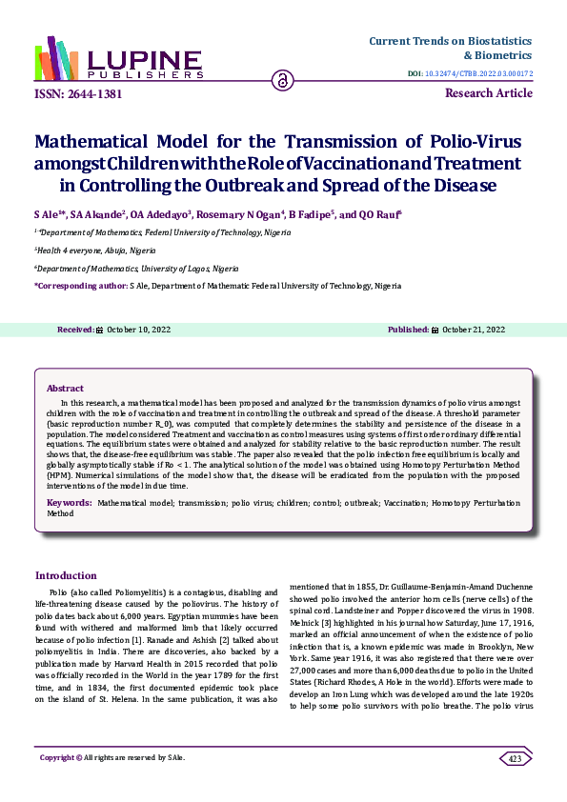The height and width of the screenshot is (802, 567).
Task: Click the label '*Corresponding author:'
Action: coord(80,286)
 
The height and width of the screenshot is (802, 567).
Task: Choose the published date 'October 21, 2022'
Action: coord(474,330)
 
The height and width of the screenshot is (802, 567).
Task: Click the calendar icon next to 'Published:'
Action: coord(435,330)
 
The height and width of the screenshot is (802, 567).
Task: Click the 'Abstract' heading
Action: coord(65,389)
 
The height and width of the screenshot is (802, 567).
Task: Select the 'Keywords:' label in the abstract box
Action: coord(70,501)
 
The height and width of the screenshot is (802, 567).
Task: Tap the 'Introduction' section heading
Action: coord(66,575)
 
